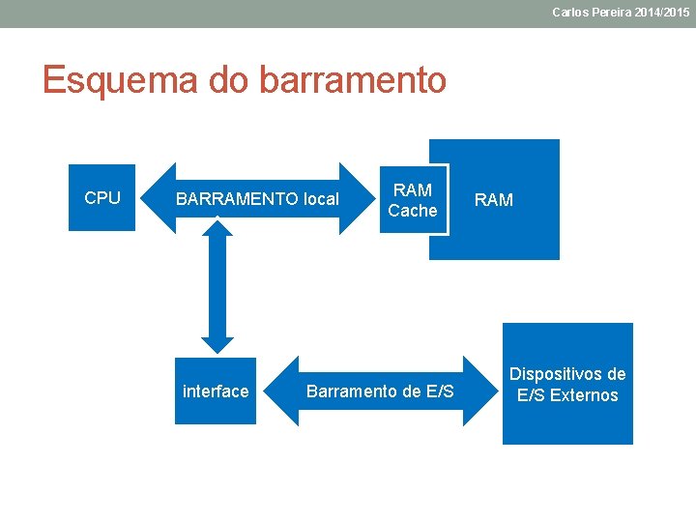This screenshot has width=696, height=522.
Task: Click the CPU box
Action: (101, 198)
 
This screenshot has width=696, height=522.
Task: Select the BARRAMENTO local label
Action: (257, 199)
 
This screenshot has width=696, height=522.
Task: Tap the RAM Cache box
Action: (413, 199)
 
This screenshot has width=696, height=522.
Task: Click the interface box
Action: (216, 391)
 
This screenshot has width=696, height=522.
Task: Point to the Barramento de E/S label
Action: (380, 391)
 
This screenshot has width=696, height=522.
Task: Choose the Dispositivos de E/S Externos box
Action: (567, 384)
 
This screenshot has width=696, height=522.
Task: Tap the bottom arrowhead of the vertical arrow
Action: (217, 343)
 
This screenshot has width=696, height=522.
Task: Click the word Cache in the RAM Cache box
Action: (413, 211)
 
